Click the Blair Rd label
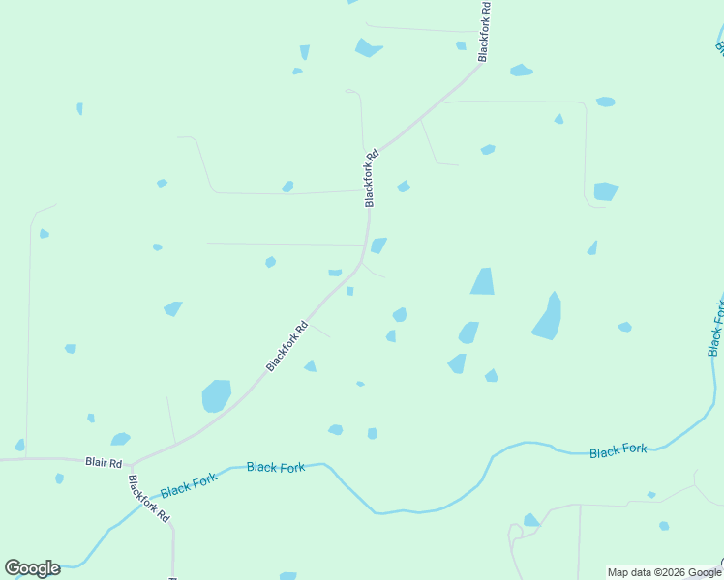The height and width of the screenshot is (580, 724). pyautogui.click(x=104, y=463)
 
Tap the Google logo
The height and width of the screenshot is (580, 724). pyautogui.click(x=32, y=568)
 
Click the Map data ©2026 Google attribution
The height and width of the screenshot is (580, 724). pyautogui.click(x=664, y=572)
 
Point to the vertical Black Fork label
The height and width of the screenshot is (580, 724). pyautogui.click(x=717, y=328)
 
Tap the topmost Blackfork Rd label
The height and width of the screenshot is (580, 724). pyautogui.click(x=485, y=32)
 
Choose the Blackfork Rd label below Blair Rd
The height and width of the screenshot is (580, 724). pyautogui.click(x=149, y=499)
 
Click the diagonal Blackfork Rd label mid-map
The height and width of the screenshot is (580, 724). pyautogui.click(x=287, y=346)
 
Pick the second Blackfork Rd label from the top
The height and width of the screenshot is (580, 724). pyautogui.click(x=370, y=177)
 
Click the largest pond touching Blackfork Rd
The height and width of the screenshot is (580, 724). pyautogui.click(x=216, y=395)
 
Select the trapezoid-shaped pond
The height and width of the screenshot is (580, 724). pyautogui.click(x=482, y=281)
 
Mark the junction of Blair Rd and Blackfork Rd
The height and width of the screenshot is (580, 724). pyautogui.click(x=131, y=465)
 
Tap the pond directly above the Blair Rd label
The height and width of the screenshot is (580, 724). pyautogui.click(x=120, y=440)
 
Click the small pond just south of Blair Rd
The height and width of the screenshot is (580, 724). pyautogui.click(x=60, y=478)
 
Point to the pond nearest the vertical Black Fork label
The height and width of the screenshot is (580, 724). pyautogui.click(x=625, y=327)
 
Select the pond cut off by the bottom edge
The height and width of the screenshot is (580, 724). pyautogui.click(x=287, y=576)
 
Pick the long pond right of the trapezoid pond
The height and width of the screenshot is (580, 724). pyautogui.click(x=549, y=318)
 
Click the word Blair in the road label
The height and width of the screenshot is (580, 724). pyautogui.click(x=95, y=463)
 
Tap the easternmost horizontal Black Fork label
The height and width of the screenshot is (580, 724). pyautogui.click(x=618, y=450)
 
